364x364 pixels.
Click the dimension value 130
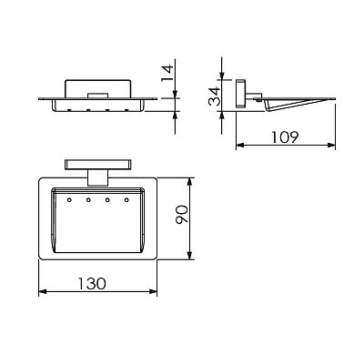92,284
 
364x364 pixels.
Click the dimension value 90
182,214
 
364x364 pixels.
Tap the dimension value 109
285,137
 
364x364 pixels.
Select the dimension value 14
167,73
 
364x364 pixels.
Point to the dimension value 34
215,96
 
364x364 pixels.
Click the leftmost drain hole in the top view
69,200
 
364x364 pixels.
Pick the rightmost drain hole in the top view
126,200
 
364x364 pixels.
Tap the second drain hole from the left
88,200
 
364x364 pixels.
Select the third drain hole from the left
107,200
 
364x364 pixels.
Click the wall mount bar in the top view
98,165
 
